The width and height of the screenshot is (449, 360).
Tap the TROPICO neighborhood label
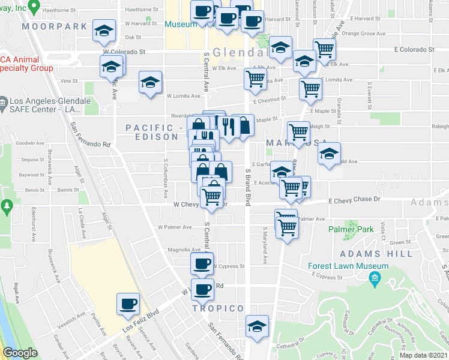pyautogui.click(x=218, y=308)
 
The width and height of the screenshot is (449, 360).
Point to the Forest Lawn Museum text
pyautogui.click(x=348, y=266)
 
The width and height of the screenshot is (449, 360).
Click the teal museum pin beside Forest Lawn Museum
pyautogui.click(x=376, y=278)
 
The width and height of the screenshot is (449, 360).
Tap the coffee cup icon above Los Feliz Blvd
pyautogui.click(x=127, y=304)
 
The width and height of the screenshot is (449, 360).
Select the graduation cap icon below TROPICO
pyautogui.click(x=258, y=326)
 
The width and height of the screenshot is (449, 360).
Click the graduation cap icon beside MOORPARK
pyautogui.click(x=104, y=31)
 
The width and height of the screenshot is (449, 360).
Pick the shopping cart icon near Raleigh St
pyautogui.click(x=298, y=133)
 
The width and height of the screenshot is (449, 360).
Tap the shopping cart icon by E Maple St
pyautogui.click(x=310, y=89)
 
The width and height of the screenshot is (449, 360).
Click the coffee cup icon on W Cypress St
pyautogui.click(x=202, y=263)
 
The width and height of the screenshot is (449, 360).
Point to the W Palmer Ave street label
pyautogui.click(x=175, y=227)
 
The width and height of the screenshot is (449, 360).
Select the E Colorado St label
pyautogui.click(x=414, y=50)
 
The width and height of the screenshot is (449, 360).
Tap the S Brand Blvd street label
pyautogui.click(x=247, y=187)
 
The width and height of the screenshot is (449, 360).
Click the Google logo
pyautogui.click(x=20, y=353)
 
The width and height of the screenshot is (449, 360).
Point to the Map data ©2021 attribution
pyautogui.click(x=423, y=355)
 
